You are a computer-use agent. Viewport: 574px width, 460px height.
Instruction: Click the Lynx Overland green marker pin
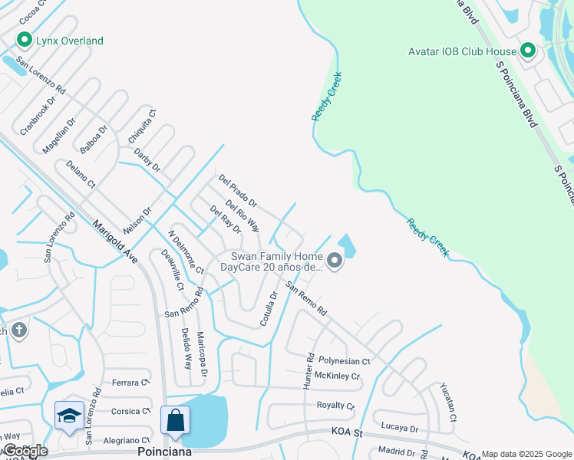point(25,40)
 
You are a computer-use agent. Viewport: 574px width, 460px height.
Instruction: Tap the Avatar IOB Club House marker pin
point(528,51)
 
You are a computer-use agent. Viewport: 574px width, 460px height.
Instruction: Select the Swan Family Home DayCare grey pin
point(335,261)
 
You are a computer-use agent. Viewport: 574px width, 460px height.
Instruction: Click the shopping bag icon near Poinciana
point(175,421)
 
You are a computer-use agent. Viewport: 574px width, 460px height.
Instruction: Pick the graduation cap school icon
point(69,416)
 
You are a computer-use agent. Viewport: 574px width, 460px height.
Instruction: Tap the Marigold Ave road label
point(115,242)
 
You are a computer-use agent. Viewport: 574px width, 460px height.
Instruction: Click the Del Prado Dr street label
point(237,192)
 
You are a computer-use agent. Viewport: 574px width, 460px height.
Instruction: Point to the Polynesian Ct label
point(345,360)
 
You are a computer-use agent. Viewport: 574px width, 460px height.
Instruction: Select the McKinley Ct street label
point(338,376)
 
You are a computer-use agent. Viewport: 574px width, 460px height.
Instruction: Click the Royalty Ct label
point(336,405)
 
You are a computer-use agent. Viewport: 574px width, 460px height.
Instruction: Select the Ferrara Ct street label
point(128,383)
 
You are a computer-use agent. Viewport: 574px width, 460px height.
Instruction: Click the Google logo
point(25,450)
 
